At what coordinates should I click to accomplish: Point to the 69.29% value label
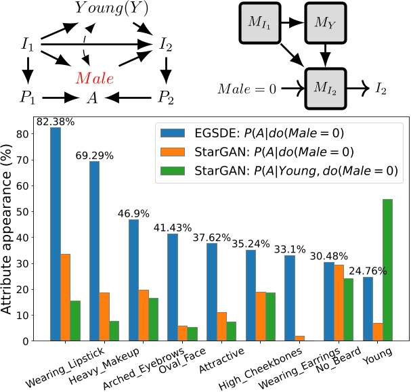point(95,156)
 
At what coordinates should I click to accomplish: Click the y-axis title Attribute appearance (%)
point(9,230)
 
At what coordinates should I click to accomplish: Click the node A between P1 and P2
point(92,98)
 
